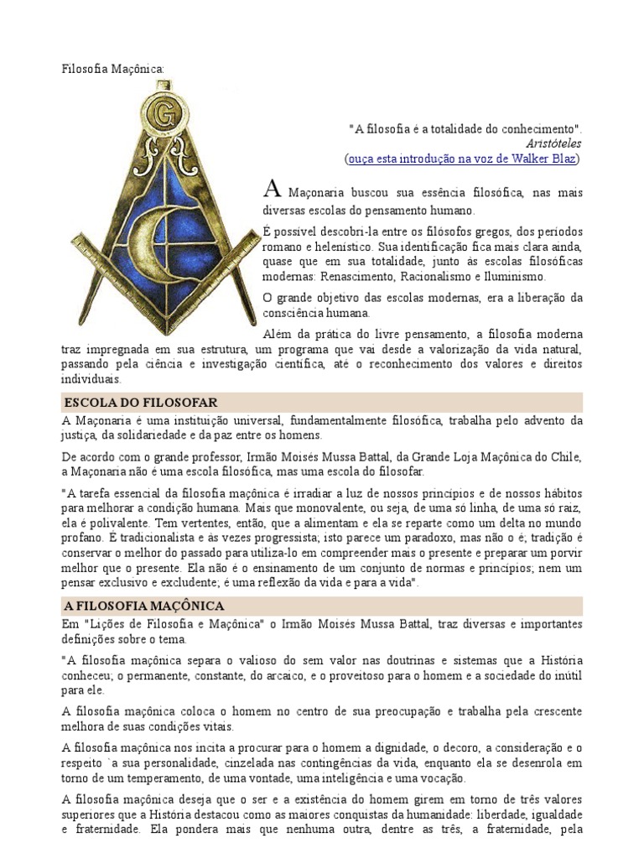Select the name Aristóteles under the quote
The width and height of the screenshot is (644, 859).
pyautogui.click(x=554, y=143)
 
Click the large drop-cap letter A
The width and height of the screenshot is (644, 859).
pyautogui.click(x=272, y=189)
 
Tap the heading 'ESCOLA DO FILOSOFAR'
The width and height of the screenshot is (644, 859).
pyautogui.click(x=140, y=403)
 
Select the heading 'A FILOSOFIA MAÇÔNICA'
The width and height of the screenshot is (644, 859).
pyautogui.click(x=143, y=606)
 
